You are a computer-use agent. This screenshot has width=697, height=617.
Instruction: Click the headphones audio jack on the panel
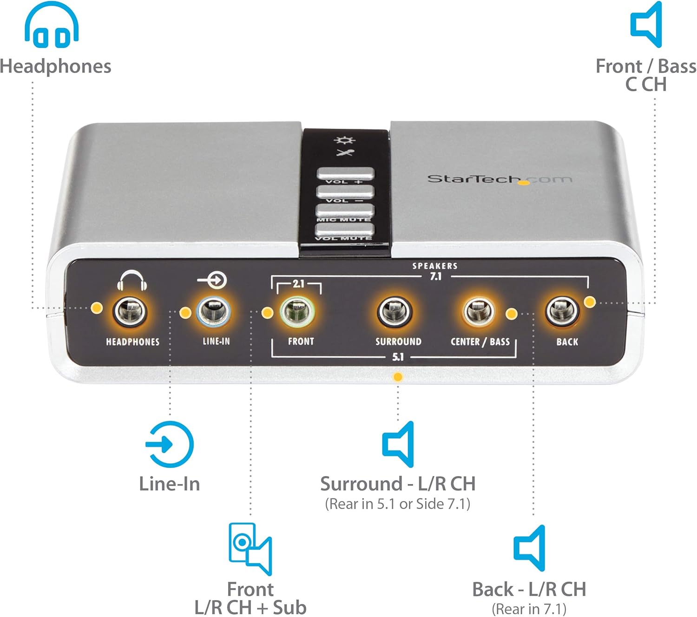point(131,312)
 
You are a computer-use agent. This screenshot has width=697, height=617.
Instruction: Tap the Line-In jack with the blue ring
point(214,312)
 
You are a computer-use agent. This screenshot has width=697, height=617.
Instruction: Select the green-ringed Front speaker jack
point(297,312)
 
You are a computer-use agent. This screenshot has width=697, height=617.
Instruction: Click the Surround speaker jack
point(395,312)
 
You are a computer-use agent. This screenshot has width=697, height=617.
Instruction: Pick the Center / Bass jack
point(479,312)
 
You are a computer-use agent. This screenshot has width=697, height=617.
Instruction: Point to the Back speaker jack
point(562,311)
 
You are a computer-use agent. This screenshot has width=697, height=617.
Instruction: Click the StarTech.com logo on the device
point(500,179)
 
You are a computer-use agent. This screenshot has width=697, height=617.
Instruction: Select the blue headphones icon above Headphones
point(52,25)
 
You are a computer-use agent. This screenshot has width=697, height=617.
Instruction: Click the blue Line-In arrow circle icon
point(170,444)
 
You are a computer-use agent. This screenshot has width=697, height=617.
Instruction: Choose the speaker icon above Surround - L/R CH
point(399,444)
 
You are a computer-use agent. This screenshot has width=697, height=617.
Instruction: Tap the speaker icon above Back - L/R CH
point(530,548)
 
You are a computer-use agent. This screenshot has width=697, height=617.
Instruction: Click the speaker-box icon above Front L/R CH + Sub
point(250,549)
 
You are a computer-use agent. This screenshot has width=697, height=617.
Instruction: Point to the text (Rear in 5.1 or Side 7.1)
point(398,504)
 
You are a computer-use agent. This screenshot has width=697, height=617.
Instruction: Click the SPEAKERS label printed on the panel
point(435,266)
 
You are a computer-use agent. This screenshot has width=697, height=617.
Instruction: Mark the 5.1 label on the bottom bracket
point(398,357)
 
